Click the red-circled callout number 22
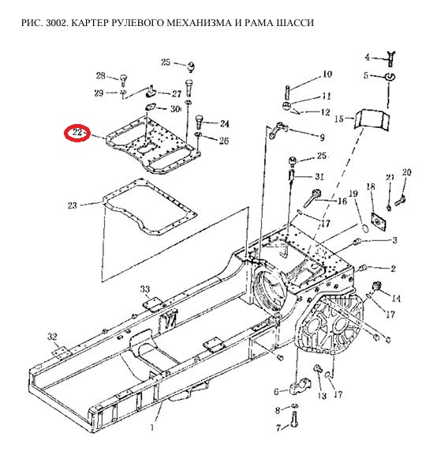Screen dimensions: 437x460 coord(77,133)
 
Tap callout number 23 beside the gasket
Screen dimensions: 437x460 coord(73,205)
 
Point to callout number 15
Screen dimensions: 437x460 coord(339,119)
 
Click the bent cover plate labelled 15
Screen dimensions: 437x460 coord(372,119)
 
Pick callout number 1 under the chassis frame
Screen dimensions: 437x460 coord(152,428)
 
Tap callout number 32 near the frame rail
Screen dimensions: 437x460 coord(52,337)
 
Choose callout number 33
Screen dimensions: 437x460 coord(145,289)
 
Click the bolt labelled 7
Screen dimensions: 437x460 coord(294,420)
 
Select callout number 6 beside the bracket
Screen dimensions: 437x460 coord(276,392)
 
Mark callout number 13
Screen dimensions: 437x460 coord(322,396)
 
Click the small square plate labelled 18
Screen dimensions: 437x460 coord(379,220)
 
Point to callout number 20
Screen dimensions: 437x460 coord(406,172)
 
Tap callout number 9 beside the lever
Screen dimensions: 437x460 coord(322,138)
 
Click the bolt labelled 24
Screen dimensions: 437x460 coord(200,121)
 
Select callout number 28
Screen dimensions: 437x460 coord(101,76)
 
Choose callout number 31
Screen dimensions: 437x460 coord(319,176)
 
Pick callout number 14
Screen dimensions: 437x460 coord(396,299)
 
